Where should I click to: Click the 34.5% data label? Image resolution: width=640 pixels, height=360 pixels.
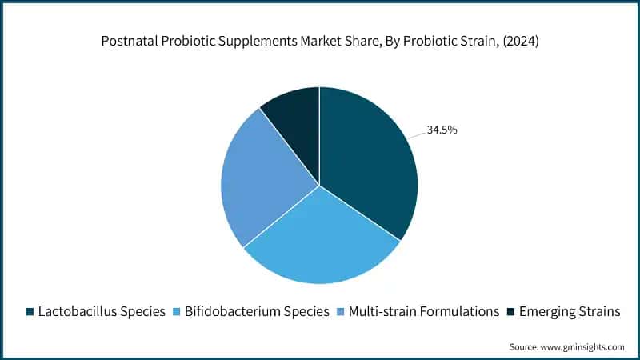(x=442, y=130)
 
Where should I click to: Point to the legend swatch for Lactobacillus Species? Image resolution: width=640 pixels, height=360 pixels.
(x=30, y=312)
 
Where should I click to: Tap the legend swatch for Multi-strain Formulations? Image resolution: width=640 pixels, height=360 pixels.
(x=341, y=312)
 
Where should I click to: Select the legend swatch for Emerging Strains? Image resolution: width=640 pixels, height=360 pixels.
(x=511, y=312)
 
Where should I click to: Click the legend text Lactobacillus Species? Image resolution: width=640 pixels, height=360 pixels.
(x=102, y=312)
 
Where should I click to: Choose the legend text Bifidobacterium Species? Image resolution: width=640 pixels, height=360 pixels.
(x=256, y=312)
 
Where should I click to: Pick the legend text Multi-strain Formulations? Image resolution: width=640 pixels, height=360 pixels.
(x=424, y=312)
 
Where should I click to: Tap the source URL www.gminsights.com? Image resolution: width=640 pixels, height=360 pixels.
(x=585, y=346)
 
